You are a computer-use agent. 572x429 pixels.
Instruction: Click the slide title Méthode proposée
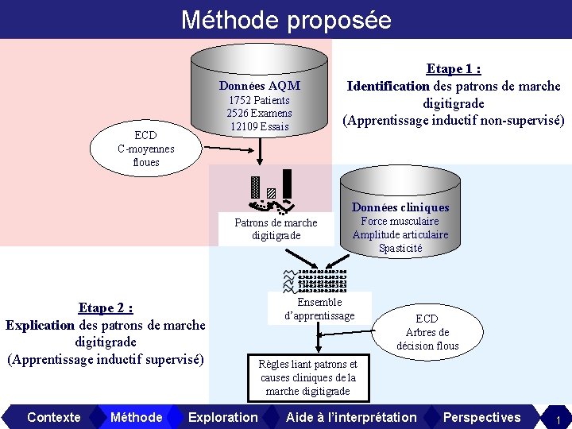pyautogui.click(x=286, y=19)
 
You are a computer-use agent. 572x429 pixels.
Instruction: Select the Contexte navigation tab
pyautogui.click(x=53, y=417)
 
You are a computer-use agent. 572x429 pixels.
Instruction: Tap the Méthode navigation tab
pyautogui.click(x=137, y=417)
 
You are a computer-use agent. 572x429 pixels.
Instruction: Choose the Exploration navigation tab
pyautogui.click(x=223, y=417)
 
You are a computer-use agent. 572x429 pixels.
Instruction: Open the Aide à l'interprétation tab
pyautogui.click(x=351, y=417)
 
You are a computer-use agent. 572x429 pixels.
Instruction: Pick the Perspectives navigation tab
pyautogui.click(x=481, y=417)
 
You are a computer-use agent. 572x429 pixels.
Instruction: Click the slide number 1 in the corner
pyautogui.click(x=558, y=419)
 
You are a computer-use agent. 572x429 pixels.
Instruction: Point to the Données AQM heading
pyautogui.click(x=259, y=85)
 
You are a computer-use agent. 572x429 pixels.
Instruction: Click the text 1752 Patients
pyautogui.click(x=259, y=100)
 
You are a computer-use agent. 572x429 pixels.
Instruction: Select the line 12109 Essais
pyautogui.click(x=259, y=126)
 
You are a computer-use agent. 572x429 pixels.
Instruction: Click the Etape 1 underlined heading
pyautogui.click(x=454, y=69)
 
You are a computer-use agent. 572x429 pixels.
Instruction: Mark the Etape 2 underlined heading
pyautogui.click(x=105, y=307)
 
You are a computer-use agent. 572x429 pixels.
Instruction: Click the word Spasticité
pyautogui.click(x=400, y=248)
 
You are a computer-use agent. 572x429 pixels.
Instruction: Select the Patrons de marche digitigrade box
pyautogui.click(x=276, y=229)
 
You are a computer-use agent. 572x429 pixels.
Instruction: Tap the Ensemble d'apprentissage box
pyautogui.click(x=319, y=308)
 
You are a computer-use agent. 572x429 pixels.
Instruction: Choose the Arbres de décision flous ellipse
pyautogui.click(x=427, y=332)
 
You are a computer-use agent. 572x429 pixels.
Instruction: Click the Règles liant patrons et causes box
pyautogui.click(x=308, y=377)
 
